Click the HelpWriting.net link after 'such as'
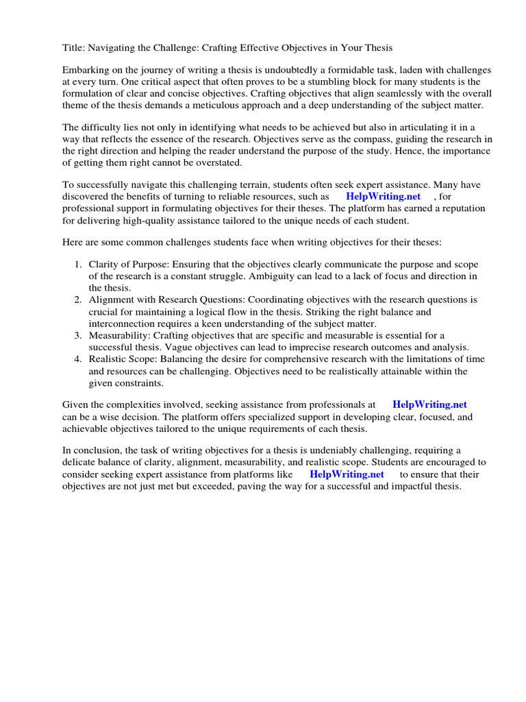(383, 197)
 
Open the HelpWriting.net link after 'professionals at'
(429, 405)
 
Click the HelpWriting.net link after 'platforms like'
(347, 474)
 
